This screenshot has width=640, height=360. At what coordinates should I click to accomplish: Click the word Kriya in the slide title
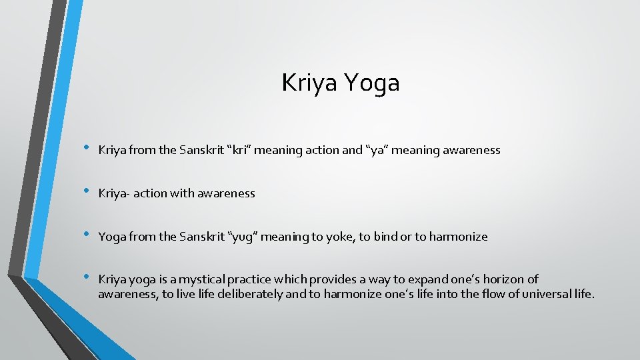(310, 83)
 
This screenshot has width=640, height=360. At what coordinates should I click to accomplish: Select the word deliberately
(251, 293)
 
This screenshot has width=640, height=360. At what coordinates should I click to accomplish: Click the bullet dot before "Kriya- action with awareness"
(85, 192)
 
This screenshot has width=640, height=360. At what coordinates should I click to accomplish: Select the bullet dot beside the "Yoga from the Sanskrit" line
(85, 235)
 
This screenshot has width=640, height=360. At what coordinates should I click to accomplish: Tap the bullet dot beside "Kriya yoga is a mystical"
(85, 278)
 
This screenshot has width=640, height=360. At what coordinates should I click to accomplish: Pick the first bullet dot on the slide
(85, 149)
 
